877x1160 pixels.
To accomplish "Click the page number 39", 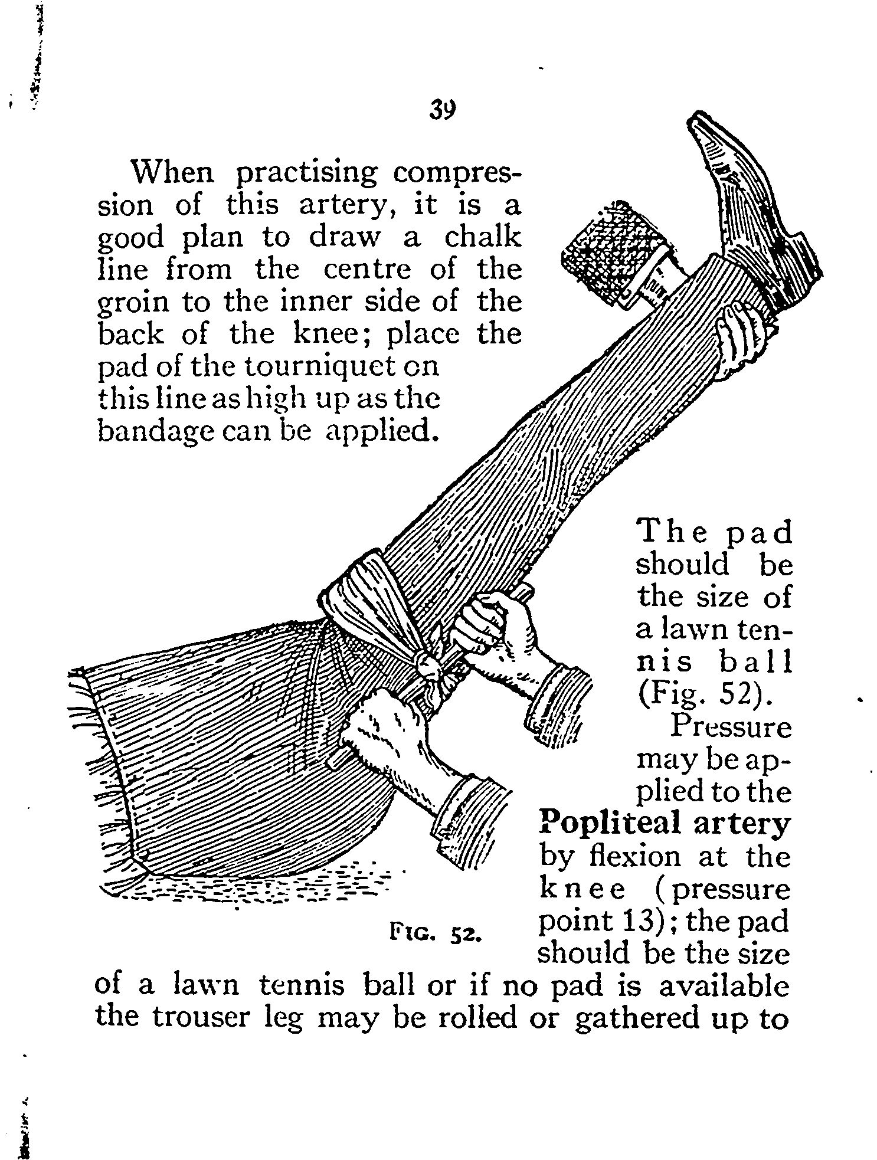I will (443, 110).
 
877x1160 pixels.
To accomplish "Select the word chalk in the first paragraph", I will (483, 238).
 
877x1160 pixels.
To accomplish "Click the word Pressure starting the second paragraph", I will (730, 727).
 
